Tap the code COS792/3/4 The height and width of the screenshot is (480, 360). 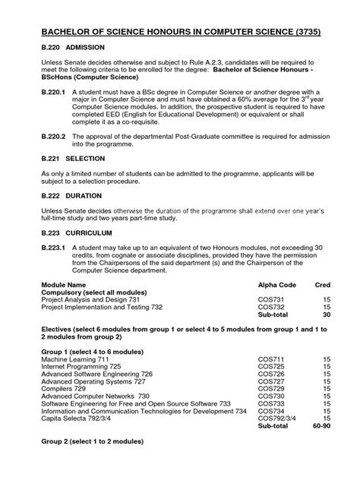(277, 439)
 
